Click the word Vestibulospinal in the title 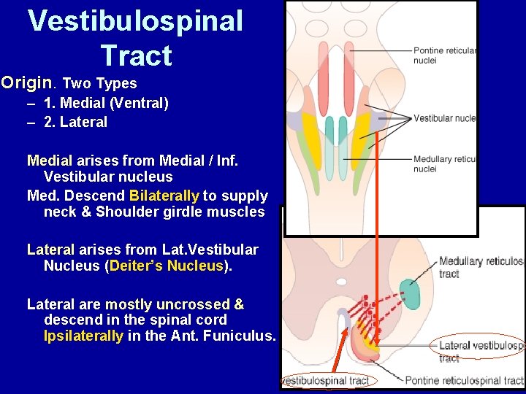click(x=135, y=20)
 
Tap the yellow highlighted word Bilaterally click(x=164, y=196)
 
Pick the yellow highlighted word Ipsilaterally click(x=83, y=336)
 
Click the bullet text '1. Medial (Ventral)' click(x=106, y=103)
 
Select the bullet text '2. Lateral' click(x=75, y=123)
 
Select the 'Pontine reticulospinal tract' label click(x=464, y=380)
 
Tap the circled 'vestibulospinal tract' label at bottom click(x=326, y=380)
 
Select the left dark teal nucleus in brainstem click(x=330, y=131)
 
